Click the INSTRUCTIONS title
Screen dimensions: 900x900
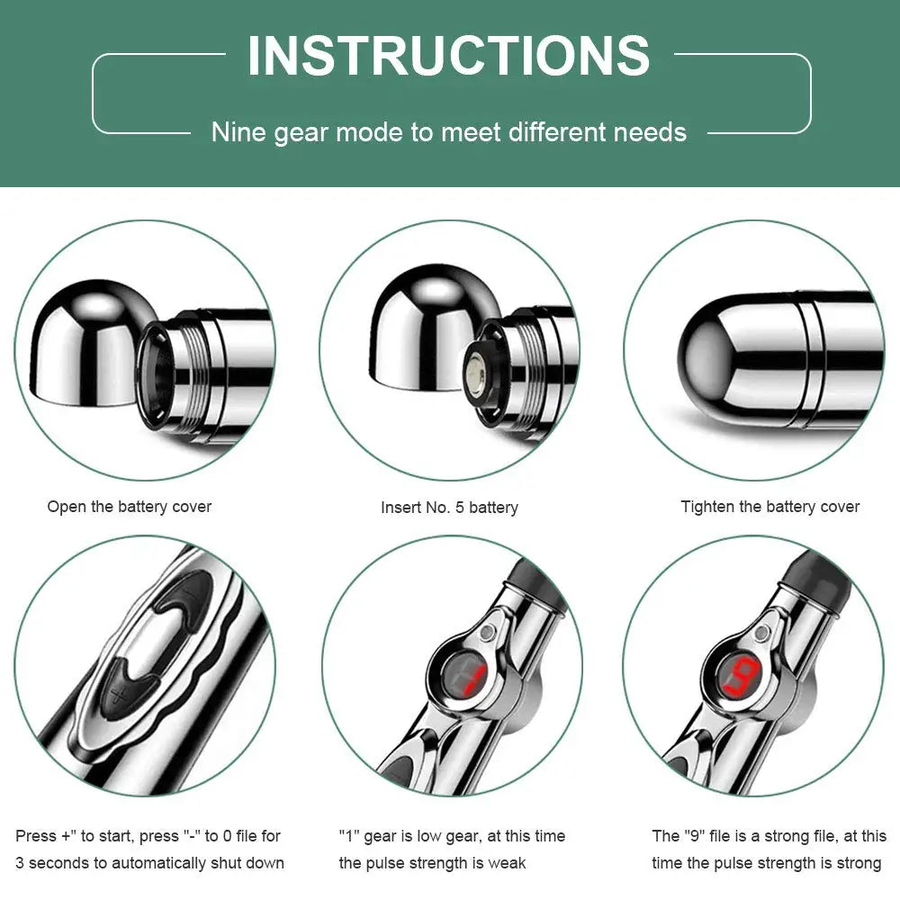[x=448, y=55]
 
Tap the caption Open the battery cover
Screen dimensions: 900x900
[x=129, y=507]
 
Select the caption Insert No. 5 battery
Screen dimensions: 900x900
[x=449, y=508]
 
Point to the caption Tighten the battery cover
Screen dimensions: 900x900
[x=770, y=507]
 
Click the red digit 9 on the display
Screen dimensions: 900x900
[x=741, y=679]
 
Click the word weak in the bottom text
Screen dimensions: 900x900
[x=507, y=863]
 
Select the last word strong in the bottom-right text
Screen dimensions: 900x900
[x=858, y=863]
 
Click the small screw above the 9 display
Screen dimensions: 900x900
[x=762, y=634]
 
